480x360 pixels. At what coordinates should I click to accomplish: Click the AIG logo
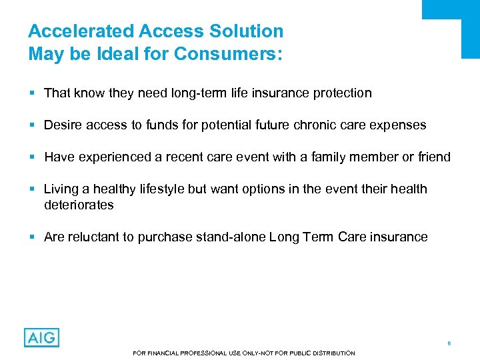[41, 337]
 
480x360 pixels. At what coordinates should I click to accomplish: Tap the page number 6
[449, 343]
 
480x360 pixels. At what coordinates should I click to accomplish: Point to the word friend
[433, 157]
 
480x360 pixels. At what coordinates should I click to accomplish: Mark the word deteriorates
[79, 205]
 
